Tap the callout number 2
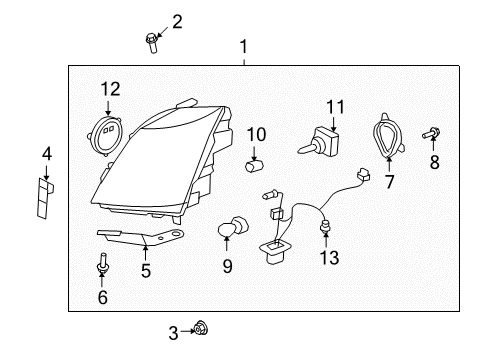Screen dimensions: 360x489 pos(177,21)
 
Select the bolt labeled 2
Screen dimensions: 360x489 pos(152,41)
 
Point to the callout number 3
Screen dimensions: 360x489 pos(173,331)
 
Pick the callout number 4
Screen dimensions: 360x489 pos(46,153)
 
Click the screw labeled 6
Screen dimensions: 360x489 pos(103,268)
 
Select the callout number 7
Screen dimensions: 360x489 pos(390,181)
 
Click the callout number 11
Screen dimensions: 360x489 pos(333,105)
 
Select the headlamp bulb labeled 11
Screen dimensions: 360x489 pos(323,139)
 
